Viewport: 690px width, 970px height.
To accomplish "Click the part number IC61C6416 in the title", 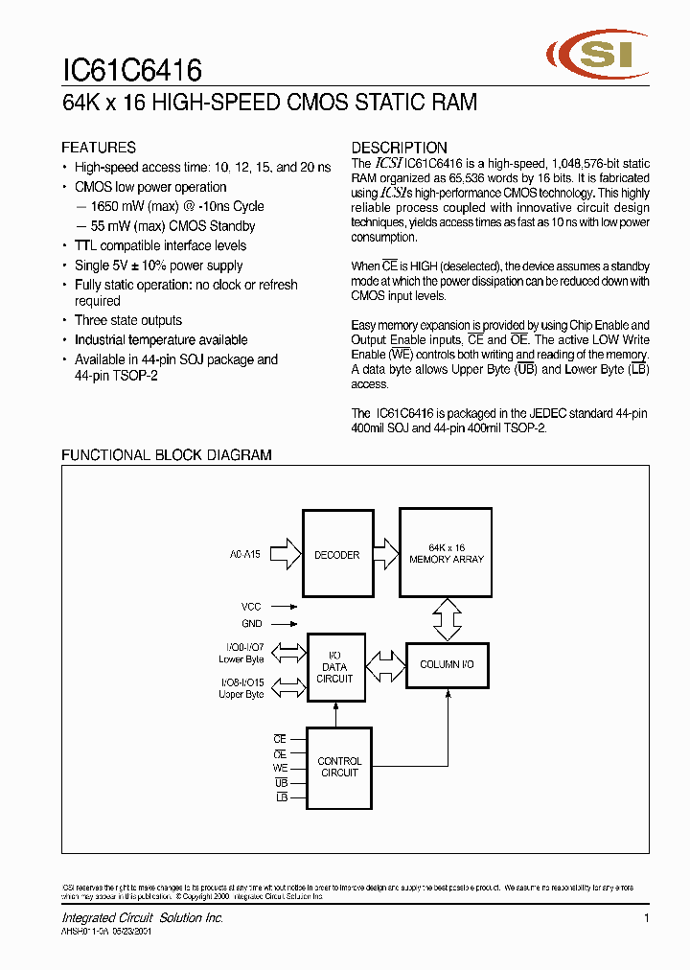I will [x=131, y=71].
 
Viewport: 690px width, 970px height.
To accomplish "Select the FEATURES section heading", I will [x=99, y=148].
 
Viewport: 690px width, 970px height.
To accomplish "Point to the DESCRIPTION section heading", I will [x=399, y=148].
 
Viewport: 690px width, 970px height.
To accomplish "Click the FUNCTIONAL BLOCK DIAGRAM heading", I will [x=167, y=455].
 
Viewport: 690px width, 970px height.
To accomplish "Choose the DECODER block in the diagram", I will [x=336, y=555].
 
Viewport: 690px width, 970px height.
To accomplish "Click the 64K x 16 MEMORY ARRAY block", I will [x=447, y=554].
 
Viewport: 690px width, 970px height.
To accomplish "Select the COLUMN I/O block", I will [x=447, y=664].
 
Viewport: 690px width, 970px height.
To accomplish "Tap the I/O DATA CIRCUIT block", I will [x=335, y=667].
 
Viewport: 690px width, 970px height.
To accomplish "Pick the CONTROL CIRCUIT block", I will [x=339, y=767].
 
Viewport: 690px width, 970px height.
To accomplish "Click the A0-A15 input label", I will [x=245, y=554].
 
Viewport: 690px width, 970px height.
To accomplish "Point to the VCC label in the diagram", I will [x=252, y=607].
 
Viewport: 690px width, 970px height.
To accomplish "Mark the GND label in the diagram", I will [x=252, y=624].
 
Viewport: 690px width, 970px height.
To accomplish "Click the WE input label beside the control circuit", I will [x=280, y=769].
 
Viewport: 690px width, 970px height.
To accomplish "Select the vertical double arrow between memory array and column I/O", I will [x=447, y=620].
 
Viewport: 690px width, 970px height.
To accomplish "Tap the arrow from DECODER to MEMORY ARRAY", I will [x=385, y=554].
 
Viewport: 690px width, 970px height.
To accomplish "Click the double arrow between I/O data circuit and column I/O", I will [x=386, y=664].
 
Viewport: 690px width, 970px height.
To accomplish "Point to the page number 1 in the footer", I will [x=646, y=918].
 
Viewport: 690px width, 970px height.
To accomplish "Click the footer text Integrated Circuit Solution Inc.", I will [x=142, y=918].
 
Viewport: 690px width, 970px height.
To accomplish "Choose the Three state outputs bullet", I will [x=128, y=321].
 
